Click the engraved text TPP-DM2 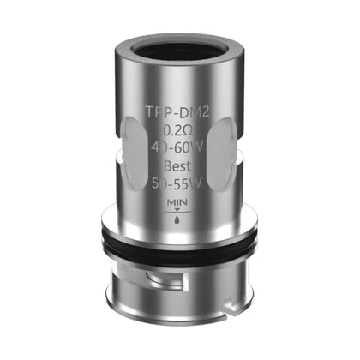click(x=177, y=112)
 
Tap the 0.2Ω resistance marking click(x=178, y=130)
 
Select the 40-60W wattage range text click(x=177, y=147)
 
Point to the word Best click(x=177, y=165)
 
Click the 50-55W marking click(x=177, y=183)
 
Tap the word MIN click(x=177, y=202)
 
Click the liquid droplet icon click(x=177, y=219)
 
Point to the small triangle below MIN click(x=177, y=210)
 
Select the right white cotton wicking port click(x=222, y=153)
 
